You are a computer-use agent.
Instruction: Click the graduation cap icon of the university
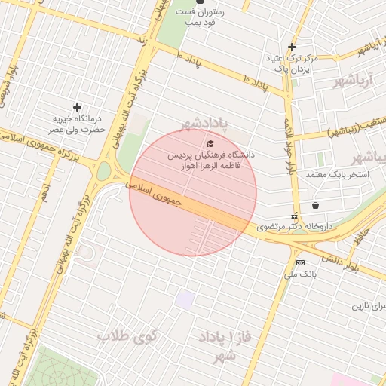pos(210,143)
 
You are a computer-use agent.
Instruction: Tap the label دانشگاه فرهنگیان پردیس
pos(210,155)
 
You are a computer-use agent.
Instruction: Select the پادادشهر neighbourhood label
pos(214,123)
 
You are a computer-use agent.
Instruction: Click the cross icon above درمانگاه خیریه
pos(77,108)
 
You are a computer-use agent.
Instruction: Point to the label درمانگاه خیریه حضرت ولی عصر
pos(78,124)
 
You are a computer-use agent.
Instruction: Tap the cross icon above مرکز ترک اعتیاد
pos(292,47)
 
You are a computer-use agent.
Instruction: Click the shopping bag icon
pos(314,205)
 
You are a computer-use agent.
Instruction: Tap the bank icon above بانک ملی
pos(300,262)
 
